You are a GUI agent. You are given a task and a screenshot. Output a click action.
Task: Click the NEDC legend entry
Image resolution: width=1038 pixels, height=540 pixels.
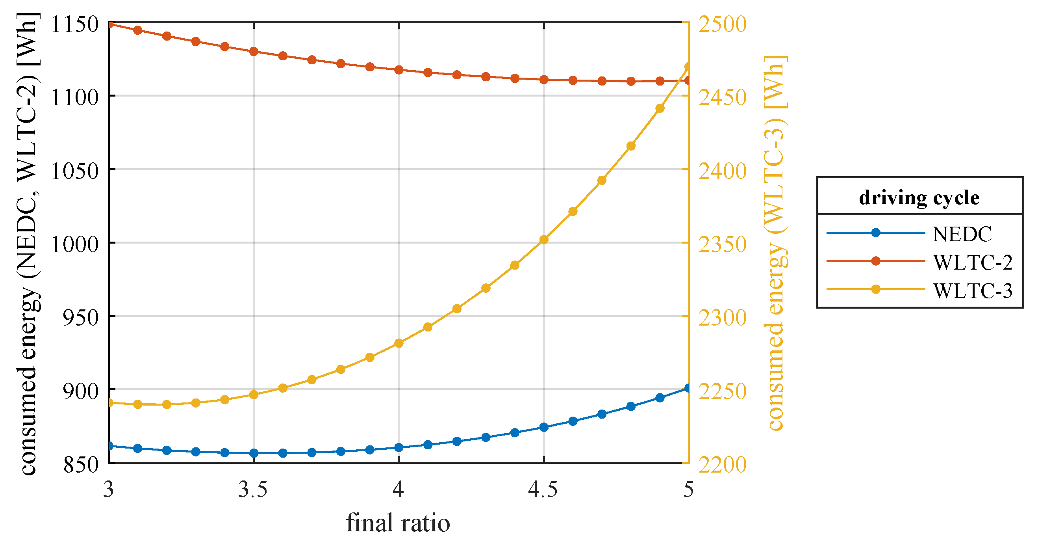[962, 234]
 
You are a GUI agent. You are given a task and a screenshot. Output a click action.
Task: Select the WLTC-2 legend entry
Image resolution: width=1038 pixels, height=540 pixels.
[972, 263]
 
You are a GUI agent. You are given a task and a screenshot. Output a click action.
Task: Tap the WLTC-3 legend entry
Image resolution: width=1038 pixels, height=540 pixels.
[972, 291]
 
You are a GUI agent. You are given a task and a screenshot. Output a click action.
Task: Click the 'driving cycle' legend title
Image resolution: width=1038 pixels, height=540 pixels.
[919, 197]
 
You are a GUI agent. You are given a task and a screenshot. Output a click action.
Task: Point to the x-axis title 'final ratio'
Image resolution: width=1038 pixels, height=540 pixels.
[398, 523]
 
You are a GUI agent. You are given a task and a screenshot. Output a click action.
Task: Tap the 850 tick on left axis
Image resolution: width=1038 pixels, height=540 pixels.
[81, 464]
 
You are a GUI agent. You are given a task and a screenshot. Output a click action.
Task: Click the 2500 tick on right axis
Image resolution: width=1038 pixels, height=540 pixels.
[722, 24]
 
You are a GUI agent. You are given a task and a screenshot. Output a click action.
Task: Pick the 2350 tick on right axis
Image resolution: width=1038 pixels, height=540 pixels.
[722, 244]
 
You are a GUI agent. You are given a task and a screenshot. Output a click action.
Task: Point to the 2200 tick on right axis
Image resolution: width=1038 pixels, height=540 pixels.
[722, 465]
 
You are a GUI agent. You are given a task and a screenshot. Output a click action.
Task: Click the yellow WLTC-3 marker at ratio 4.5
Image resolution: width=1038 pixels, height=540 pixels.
[543, 240]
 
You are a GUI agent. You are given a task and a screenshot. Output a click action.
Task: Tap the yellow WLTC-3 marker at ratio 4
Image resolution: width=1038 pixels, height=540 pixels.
[399, 343]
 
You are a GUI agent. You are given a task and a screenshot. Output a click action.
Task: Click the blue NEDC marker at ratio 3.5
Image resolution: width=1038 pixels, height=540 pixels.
[254, 453]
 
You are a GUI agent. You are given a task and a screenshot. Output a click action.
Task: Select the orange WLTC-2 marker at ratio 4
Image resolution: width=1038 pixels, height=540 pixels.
[399, 70]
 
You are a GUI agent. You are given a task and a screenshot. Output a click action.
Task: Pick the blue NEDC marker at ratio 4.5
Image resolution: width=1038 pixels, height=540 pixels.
[543, 427]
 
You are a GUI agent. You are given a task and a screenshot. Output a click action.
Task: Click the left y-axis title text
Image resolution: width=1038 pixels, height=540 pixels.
[29, 244]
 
